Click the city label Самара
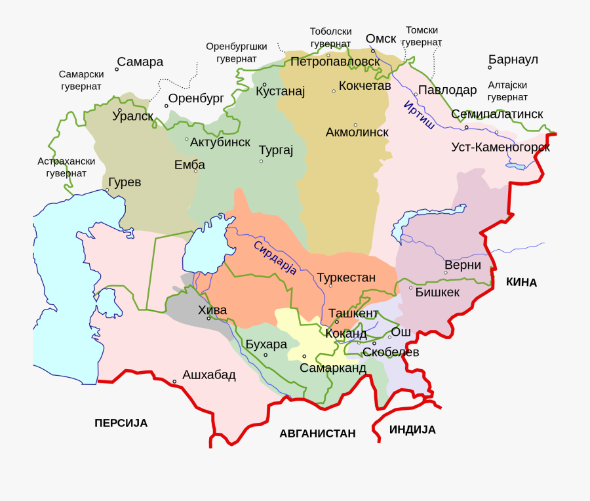tap(140, 62)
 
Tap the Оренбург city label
tap(196, 98)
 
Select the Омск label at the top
tap(381, 39)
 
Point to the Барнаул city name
tap(513, 60)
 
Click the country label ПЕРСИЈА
tap(121, 423)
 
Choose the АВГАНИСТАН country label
tap(317, 433)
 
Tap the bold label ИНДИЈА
tap(412, 430)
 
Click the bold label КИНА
tap(521, 282)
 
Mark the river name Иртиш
tap(419, 115)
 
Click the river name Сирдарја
tap(275, 258)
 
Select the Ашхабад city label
tap(208, 375)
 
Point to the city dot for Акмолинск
tap(355, 125)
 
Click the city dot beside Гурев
tap(108, 190)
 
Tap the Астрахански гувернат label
tap(66, 167)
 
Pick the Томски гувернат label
tap(422, 36)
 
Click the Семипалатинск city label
tap(497, 114)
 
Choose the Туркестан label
tap(346, 277)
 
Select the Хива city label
tap(212, 310)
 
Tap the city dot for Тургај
tap(261, 161)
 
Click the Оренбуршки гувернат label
tap(236, 52)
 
